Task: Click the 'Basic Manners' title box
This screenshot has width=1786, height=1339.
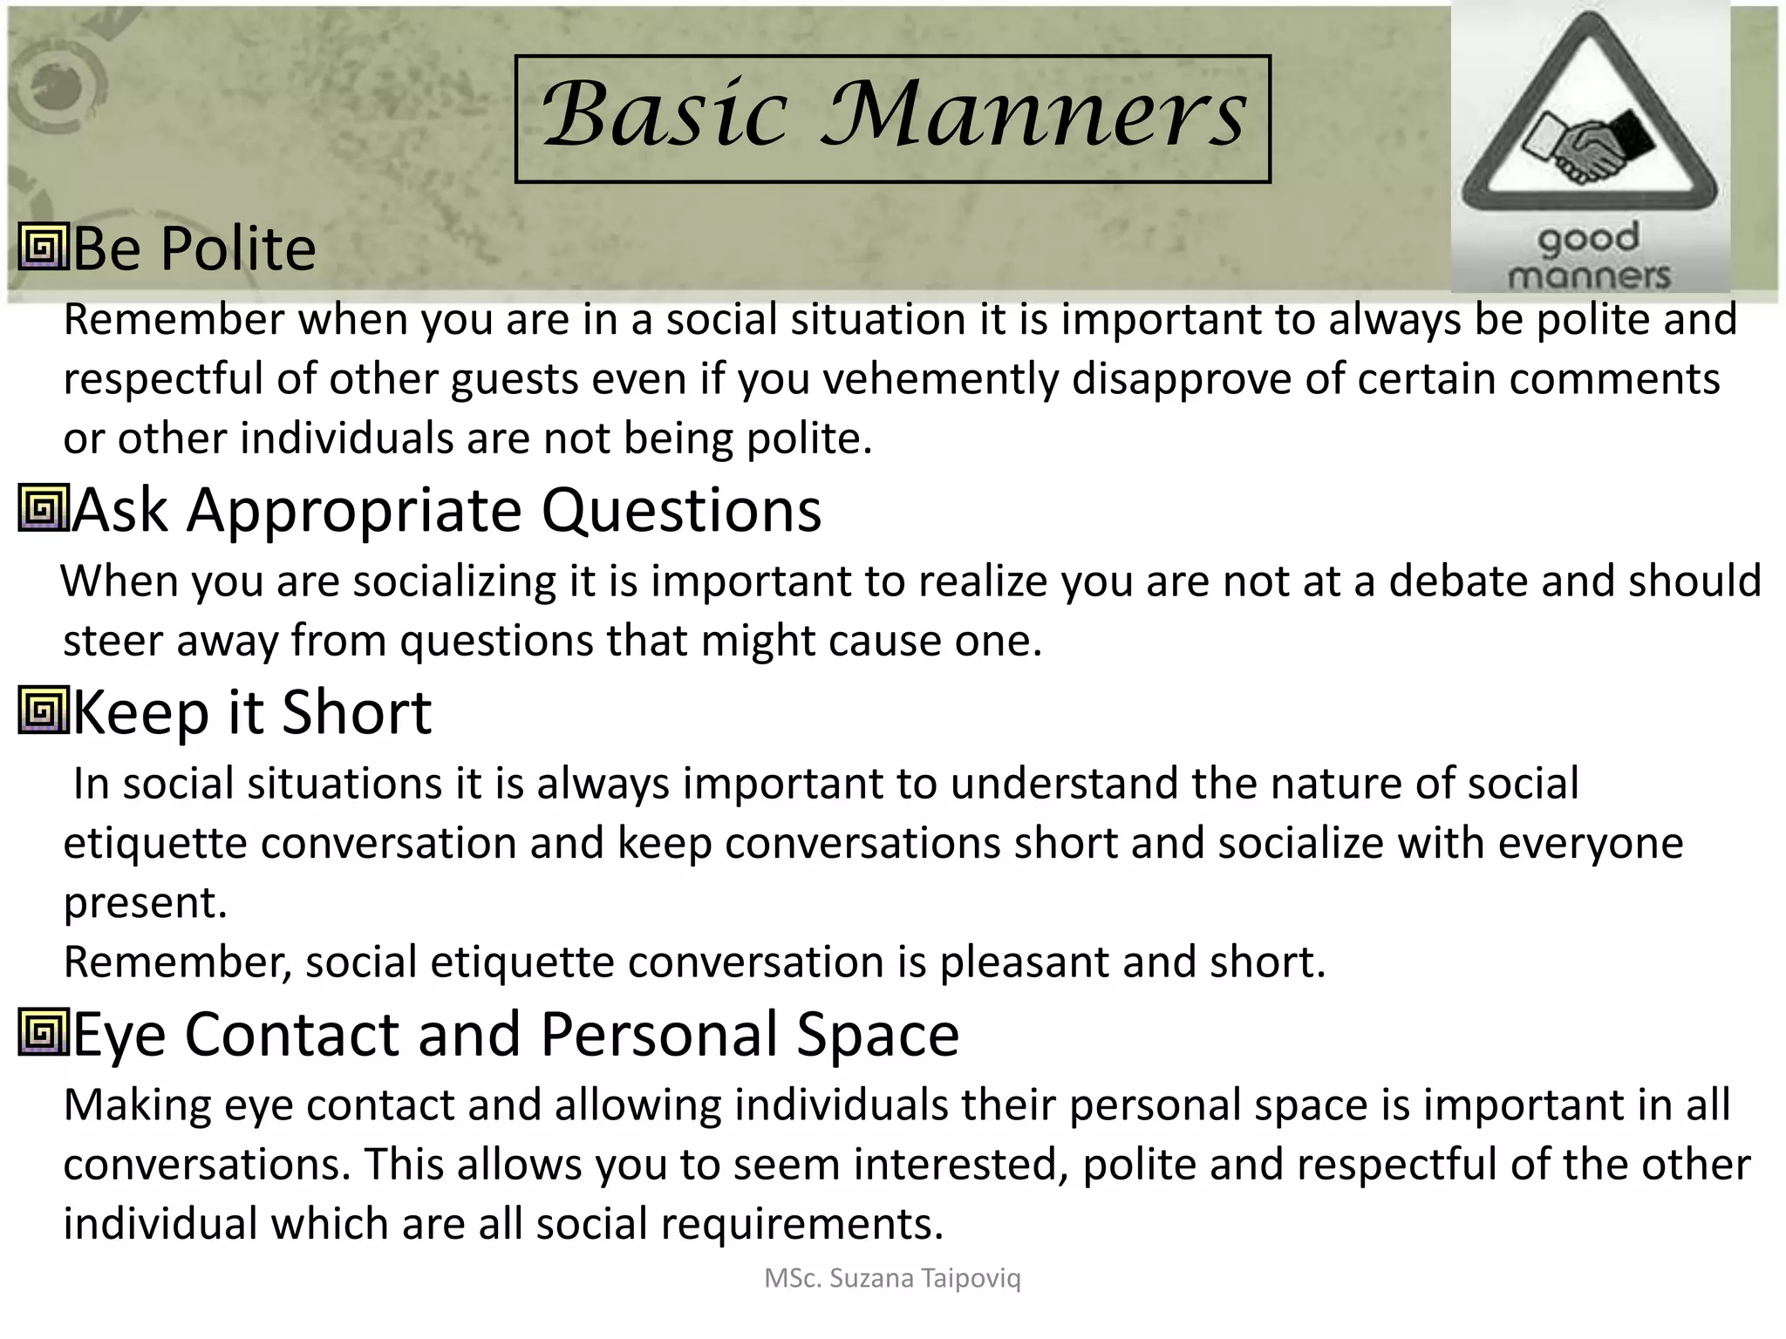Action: tap(892, 119)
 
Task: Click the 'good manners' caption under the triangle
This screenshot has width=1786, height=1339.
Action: tap(1588, 257)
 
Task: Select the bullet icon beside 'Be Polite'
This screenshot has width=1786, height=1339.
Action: tap(43, 248)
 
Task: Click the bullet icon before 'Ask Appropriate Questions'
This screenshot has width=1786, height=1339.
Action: tap(43, 509)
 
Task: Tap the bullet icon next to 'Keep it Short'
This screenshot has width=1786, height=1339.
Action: tap(43, 711)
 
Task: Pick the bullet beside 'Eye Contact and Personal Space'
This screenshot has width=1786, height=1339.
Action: tap(43, 1033)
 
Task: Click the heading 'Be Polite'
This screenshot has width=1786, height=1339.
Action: tap(194, 248)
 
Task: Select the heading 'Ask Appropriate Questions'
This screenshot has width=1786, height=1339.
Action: tap(446, 510)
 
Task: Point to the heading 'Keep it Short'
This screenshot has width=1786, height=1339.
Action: tap(251, 712)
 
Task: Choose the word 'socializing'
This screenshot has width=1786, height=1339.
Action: tap(453, 581)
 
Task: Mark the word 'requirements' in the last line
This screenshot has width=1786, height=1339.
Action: tap(801, 1224)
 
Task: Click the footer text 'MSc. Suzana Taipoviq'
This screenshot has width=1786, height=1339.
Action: tap(892, 1278)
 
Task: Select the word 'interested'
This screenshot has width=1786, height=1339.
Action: tap(960, 1165)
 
